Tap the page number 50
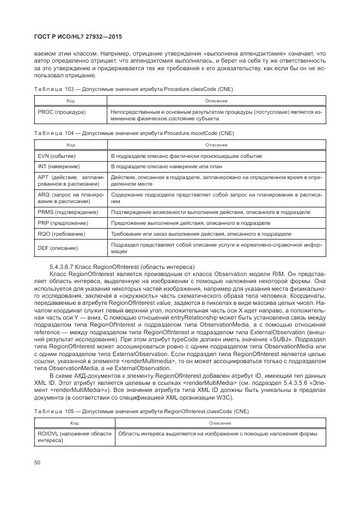point(38,462)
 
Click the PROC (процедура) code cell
point(62,112)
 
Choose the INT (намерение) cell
point(59,166)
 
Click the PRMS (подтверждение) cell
point(68,212)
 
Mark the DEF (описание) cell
point(58,248)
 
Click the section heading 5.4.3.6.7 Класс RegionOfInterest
point(121,266)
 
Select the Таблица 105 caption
point(142,411)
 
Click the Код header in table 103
point(71,101)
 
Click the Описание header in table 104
point(216,145)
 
